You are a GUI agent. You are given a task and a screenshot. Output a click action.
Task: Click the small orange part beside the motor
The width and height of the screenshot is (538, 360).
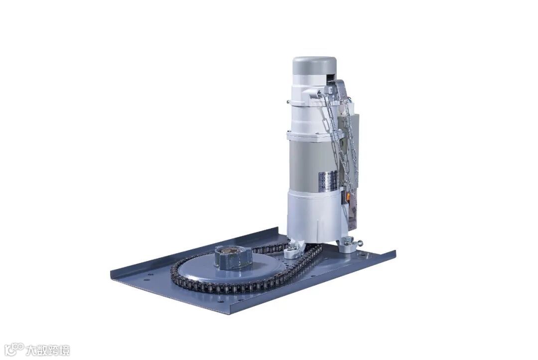point(348,197)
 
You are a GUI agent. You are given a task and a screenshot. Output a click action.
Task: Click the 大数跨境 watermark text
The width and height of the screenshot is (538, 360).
point(48,350)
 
